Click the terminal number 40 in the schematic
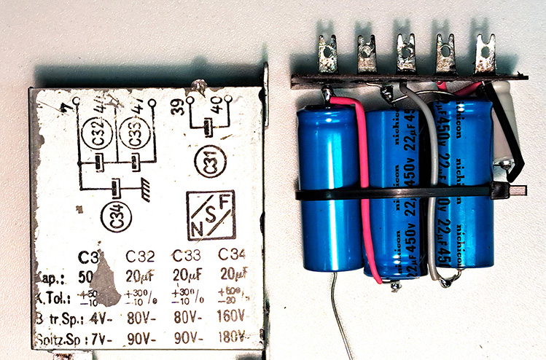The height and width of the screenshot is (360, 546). click(x=217, y=112)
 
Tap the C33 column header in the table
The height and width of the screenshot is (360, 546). click(x=186, y=257)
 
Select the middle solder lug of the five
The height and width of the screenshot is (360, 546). click(x=406, y=55)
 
